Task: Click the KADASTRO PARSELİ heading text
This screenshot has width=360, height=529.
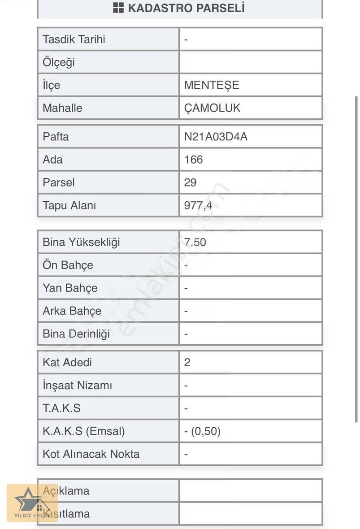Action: pyautogui.click(x=186, y=8)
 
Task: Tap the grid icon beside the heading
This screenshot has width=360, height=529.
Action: pyautogui.click(x=118, y=8)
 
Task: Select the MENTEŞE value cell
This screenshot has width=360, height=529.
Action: pyautogui.click(x=212, y=85)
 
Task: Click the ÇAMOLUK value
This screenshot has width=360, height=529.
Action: pyautogui.click(x=212, y=108)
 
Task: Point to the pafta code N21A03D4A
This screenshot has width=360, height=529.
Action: pyautogui.click(x=216, y=137)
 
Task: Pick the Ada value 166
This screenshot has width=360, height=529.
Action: pyautogui.click(x=193, y=160)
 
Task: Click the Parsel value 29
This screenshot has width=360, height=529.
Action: pyautogui.click(x=190, y=182)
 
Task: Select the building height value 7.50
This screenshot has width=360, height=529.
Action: pyautogui.click(x=195, y=243)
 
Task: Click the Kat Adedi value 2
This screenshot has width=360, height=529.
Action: pyautogui.click(x=187, y=362)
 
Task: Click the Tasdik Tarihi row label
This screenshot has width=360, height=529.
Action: pyautogui.click(x=74, y=39)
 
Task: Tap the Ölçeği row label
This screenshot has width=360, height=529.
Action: pyautogui.click(x=59, y=62)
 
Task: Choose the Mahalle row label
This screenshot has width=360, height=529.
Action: pyautogui.click(x=62, y=108)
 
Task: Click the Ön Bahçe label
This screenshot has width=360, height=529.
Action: pyautogui.click(x=68, y=265)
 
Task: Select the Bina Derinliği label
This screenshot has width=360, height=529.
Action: pyautogui.click(x=76, y=334)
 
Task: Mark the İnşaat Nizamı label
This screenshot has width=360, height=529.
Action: pyautogui.click(x=77, y=386)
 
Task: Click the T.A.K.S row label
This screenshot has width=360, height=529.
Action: pyautogui.click(x=61, y=408)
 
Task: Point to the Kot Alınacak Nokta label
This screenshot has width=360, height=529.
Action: pyautogui.click(x=91, y=454)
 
